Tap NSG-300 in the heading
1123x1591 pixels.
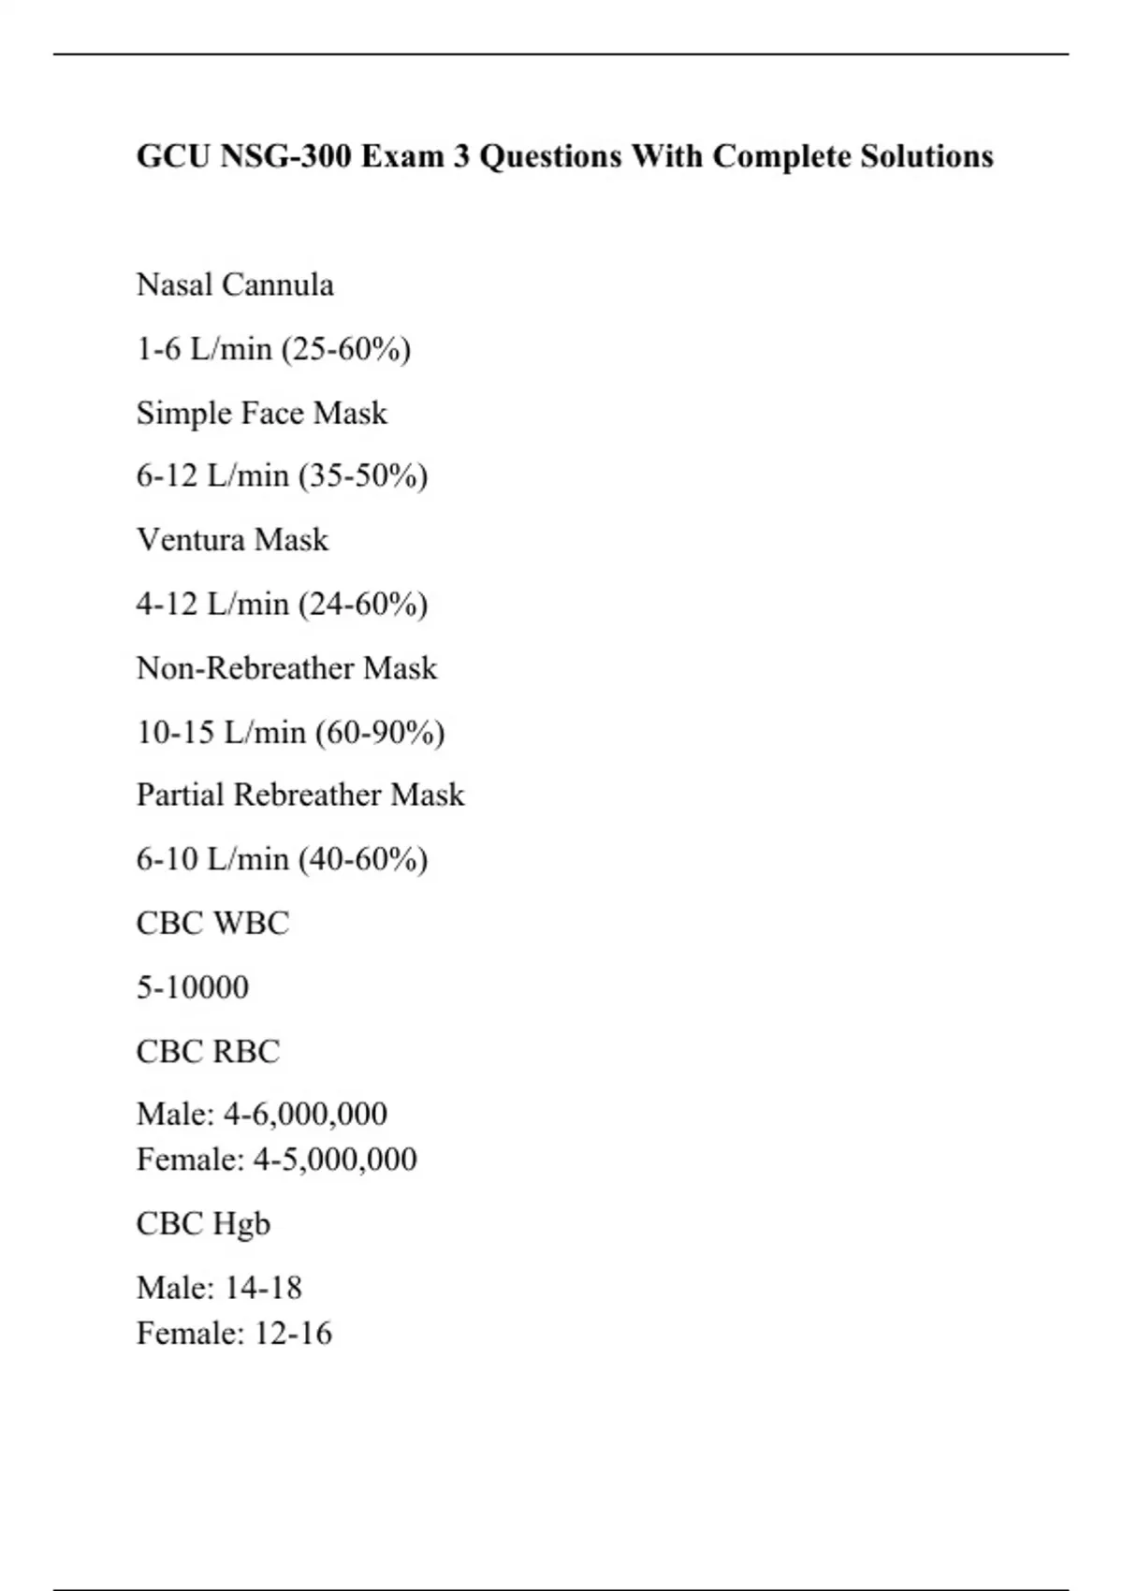285,155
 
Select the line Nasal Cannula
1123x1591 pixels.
235,285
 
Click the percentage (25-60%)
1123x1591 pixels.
345,349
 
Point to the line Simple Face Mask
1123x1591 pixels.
261,413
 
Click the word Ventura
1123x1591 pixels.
191,540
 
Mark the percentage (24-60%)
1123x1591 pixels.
362,604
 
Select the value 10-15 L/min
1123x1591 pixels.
221,732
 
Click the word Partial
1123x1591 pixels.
180,795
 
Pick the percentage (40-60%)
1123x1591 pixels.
362,859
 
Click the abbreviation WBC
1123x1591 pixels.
251,924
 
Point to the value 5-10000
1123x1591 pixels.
193,987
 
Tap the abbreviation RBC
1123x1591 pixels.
246,1052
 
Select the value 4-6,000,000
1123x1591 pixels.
305,1114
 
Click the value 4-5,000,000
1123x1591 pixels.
335,1160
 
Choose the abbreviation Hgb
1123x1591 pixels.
241,1224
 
